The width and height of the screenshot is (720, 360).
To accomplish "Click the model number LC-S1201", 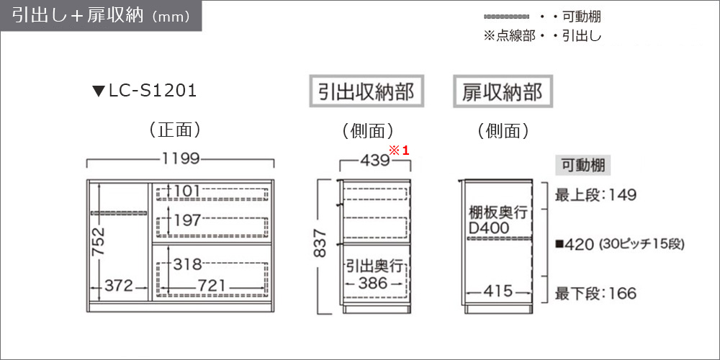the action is (153, 91).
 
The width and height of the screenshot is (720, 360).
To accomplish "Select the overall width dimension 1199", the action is (181, 159).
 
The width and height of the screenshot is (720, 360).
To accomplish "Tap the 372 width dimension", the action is (119, 286).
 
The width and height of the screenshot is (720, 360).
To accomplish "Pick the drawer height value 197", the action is (187, 220).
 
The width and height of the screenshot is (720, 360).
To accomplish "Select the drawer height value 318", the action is (187, 264).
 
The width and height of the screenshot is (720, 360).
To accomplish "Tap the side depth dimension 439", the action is (374, 161).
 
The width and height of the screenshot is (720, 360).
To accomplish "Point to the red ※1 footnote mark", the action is (399, 150).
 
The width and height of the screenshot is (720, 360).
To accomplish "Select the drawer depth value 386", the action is (373, 283).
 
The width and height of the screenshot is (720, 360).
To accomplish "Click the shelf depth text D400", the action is (490, 228).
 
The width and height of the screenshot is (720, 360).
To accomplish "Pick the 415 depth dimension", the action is (498, 291).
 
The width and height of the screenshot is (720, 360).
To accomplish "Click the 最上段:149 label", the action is (595, 195).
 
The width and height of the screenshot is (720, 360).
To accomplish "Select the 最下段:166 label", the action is (595, 293).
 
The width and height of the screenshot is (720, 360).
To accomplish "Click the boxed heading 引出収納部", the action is (366, 92).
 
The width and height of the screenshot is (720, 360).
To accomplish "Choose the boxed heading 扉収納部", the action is (503, 92).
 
